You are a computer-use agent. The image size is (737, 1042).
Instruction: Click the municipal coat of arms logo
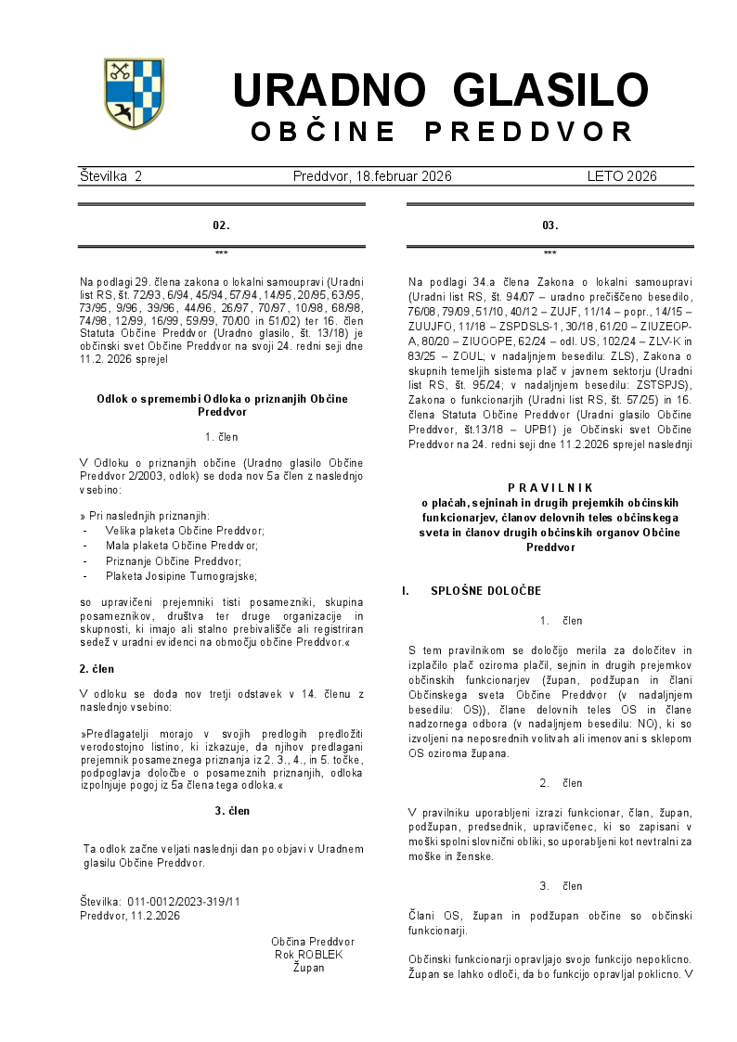point(134,93)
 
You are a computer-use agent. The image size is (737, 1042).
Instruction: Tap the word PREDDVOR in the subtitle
point(529,132)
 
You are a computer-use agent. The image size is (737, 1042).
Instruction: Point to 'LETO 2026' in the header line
point(622,176)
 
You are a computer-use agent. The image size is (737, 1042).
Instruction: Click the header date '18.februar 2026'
point(406,176)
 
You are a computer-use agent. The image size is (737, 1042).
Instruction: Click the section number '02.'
point(221,225)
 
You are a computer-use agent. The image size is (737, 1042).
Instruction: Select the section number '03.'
point(550,225)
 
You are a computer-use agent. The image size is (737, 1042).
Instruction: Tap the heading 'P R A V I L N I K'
point(550,487)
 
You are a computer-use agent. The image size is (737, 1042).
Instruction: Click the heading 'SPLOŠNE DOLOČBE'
point(485,591)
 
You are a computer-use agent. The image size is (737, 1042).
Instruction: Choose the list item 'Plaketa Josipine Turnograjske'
point(181,576)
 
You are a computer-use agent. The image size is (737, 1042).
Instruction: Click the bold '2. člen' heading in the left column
point(98,668)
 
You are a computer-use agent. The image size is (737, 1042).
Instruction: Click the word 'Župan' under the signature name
point(308,968)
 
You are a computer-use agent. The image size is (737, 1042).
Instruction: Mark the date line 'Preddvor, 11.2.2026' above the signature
point(130,915)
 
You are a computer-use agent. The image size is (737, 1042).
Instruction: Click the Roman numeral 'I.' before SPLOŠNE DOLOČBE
point(406,591)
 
